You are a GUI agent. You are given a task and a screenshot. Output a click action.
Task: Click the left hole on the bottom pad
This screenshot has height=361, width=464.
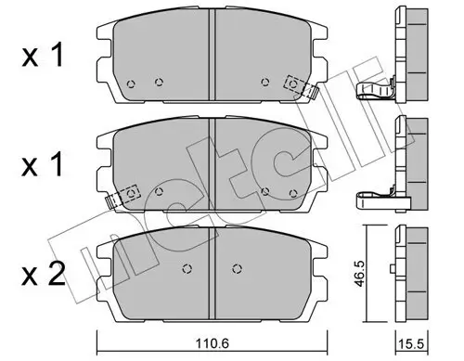point(186,270)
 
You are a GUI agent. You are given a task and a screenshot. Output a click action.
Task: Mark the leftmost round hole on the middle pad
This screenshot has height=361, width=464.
point(160,192)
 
